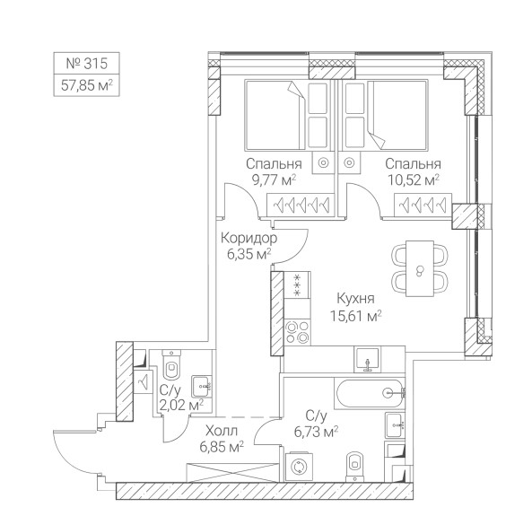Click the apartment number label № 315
86,64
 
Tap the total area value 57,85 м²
86,85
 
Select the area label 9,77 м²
274,179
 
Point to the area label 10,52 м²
414,179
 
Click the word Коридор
249,239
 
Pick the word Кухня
355,299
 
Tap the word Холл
222,431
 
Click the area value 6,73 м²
316,433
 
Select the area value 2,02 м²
181,405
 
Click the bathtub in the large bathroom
370,393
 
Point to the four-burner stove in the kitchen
297,332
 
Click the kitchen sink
367,359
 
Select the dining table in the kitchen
420,268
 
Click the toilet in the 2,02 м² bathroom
171,364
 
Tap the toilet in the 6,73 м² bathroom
355,467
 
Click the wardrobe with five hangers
301,205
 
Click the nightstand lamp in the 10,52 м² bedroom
349,162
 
